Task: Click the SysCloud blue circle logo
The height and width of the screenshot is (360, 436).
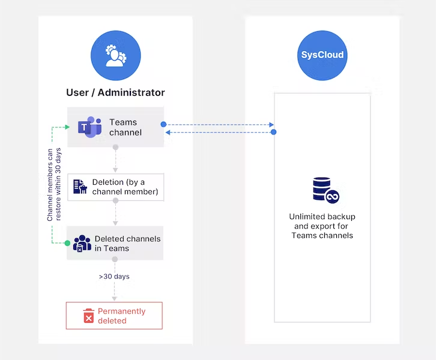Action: click(x=322, y=55)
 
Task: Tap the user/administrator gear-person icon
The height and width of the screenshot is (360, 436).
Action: click(x=115, y=55)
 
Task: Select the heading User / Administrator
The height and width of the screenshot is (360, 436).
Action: click(x=115, y=92)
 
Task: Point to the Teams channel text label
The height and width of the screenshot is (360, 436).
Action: click(x=126, y=127)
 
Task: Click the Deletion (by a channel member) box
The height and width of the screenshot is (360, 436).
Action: click(x=115, y=187)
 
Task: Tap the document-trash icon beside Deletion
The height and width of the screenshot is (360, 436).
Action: click(x=80, y=187)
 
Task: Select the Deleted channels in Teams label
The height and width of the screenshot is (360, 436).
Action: click(x=127, y=244)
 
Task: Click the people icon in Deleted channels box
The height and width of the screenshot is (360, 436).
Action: click(x=82, y=244)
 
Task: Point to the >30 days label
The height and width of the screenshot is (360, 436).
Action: click(x=114, y=277)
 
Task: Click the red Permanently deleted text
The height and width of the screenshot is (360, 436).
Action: click(x=122, y=316)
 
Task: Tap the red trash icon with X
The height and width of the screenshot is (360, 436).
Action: click(x=89, y=316)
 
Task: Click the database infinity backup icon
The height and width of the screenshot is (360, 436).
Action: click(x=323, y=190)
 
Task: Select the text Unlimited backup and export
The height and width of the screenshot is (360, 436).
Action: click(x=322, y=226)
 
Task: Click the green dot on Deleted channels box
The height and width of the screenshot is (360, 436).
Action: click(x=67, y=243)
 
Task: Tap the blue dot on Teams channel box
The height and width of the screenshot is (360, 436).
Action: click(x=163, y=125)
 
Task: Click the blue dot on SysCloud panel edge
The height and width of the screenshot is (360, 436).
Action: click(x=274, y=132)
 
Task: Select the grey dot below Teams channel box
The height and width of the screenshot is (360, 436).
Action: click(x=115, y=147)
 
